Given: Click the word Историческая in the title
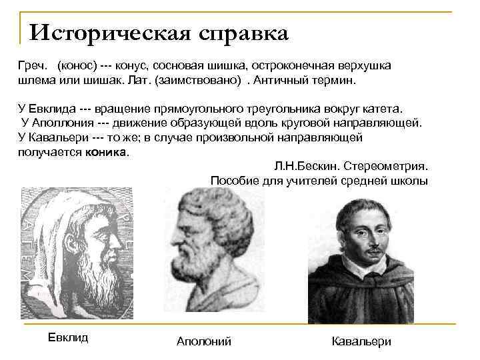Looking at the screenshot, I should (109, 33).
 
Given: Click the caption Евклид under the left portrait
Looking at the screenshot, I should (68, 337).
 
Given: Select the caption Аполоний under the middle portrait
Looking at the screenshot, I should (204, 341).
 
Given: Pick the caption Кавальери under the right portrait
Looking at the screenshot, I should (361, 341).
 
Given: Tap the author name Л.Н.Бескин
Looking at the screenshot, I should (301, 165).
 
